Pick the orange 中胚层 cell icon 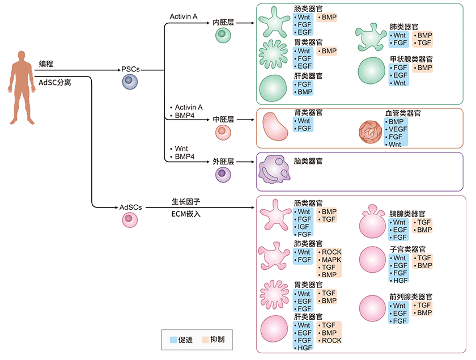click(223, 133)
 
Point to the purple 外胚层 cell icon click(223, 174)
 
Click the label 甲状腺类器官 click(411, 59)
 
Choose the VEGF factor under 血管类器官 click(398, 129)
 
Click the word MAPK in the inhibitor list click(331, 260)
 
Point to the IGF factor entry click(304, 227)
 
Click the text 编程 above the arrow click(47, 63)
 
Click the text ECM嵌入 click(186, 214)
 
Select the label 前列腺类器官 click(411, 297)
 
